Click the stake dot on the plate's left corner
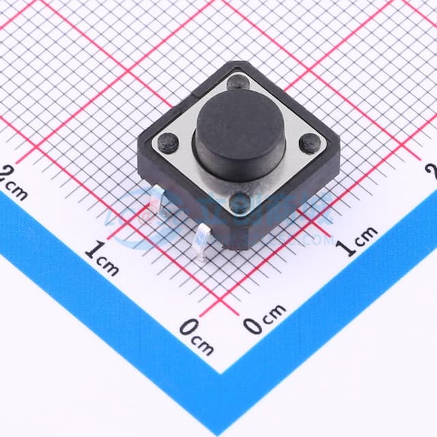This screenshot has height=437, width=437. point(168,143)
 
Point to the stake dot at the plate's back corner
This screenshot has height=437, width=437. point(238,83)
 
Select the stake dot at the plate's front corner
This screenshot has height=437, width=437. point(240,201)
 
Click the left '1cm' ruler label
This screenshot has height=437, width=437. point(102,258)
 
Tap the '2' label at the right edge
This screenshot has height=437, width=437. point(432,169)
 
